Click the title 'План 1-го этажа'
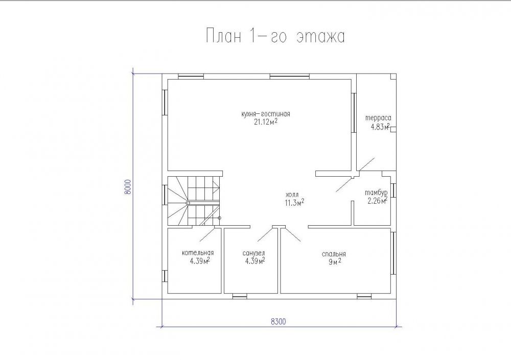(275, 36)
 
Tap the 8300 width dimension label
(278, 322)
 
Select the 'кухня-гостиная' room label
(266, 114)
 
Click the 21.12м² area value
(266, 122)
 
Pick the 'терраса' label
(378, 118)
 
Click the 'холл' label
(292, 195)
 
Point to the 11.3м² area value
(294, 203)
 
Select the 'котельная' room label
(198, 253)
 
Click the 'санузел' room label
(253, 253)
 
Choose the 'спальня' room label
(333, 254)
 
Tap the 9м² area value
(335, 262)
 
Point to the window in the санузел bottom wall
(240, 296)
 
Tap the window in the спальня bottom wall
(364, 296)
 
